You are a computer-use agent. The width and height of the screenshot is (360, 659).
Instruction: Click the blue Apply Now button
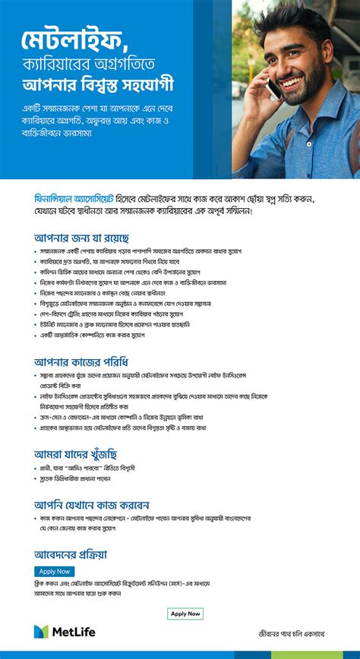click(x=55, y=571)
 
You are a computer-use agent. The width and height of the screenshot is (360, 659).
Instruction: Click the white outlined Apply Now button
click(x=185, y=613)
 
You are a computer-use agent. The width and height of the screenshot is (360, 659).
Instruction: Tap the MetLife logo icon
click(x=41, y=632)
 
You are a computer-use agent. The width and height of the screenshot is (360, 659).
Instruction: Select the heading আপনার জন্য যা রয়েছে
click(x=81, y=238)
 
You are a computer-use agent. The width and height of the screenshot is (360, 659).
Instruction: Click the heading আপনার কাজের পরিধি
click(x=81, y=361)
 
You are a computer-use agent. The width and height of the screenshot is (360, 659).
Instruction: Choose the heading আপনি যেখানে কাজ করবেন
click(x=91, y=504)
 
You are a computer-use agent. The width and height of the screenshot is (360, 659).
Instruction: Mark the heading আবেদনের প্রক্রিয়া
click(x=71, y=553)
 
